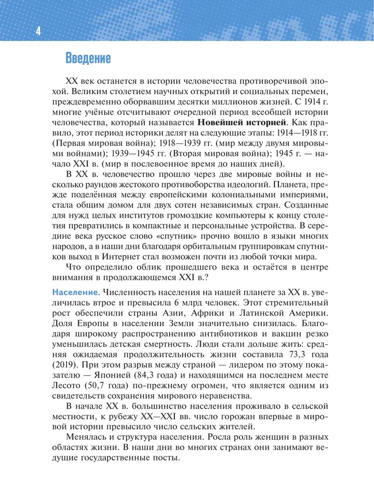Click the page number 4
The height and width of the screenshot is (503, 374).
click(x=37, y=32)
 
